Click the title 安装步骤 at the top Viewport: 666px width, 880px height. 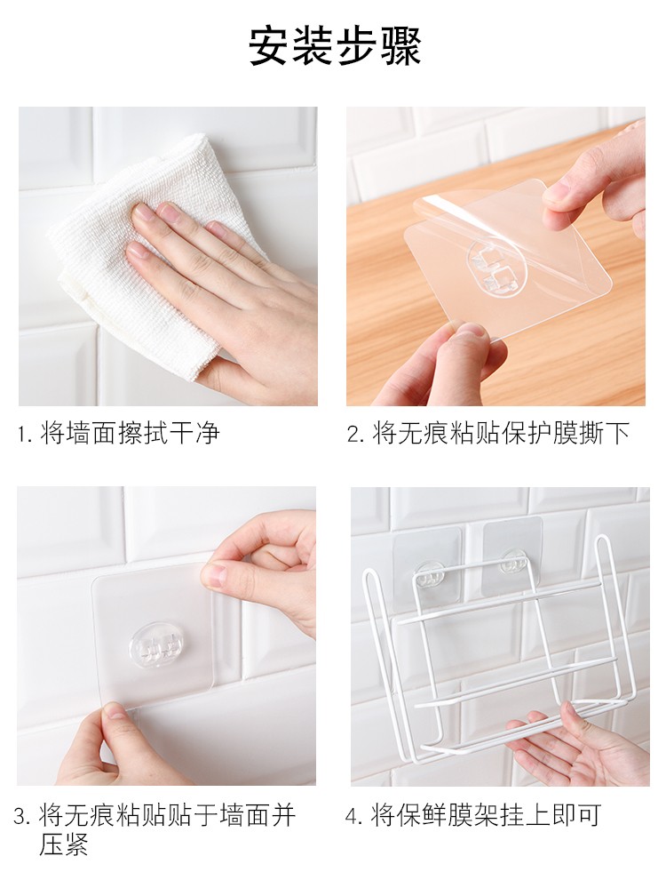tap(335, 46)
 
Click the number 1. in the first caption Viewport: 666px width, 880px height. tap(26, 435)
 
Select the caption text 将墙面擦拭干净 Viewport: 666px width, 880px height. tap(130, 434)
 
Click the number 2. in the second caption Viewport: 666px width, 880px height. tap(357, 435)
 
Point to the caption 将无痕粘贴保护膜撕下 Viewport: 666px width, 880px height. tap(501, 434)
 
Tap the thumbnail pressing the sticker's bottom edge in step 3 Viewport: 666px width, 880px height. tap(115, 713)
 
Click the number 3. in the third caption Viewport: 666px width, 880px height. tap(22, 816)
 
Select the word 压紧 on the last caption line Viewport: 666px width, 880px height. tap(63, 844)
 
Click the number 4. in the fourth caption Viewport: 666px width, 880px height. tap(355, 816)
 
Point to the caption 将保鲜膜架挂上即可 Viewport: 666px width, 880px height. tap(486, 815)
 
